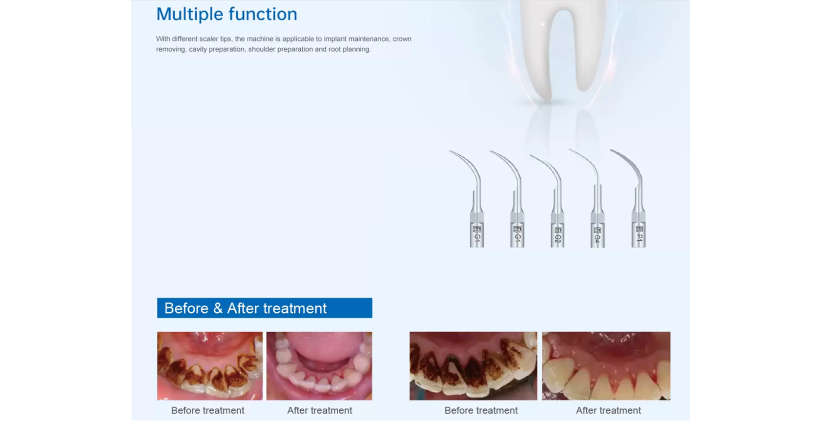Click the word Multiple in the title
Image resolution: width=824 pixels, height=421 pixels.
[189, 14]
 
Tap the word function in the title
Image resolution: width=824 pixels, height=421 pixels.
[263, 14]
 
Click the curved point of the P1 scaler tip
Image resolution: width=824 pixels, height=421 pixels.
[612, 150]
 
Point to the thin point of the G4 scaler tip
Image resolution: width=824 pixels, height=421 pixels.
[571, 150]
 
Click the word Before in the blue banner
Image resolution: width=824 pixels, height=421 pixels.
[186, 308]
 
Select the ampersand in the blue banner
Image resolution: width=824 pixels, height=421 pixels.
[218, 308]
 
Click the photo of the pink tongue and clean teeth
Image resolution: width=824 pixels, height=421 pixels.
[319, 366]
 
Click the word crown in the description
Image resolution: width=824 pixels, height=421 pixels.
[402, 39]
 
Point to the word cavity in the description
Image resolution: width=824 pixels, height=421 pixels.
[198, 49]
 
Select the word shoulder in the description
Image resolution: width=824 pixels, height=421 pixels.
[262, 49]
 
